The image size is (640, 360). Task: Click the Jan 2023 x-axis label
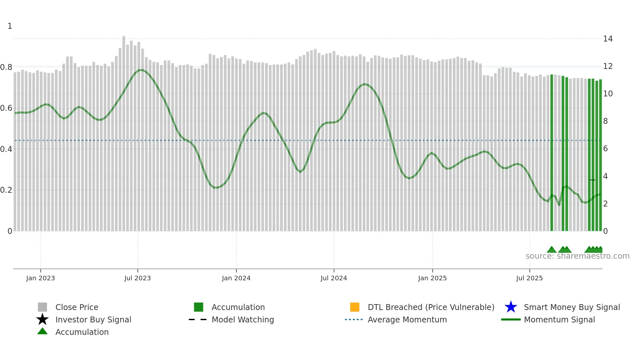40,278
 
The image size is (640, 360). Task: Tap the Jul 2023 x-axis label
137,278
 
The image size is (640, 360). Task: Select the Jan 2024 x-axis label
236,278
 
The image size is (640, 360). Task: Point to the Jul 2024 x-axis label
334,278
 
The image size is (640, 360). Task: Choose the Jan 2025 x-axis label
432,278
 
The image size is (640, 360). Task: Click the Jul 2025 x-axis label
529,278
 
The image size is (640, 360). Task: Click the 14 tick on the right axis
608,39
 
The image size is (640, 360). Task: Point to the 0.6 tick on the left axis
6,108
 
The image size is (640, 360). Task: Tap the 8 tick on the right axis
605,121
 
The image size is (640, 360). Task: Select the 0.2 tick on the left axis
6,190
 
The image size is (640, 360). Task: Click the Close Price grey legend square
42,307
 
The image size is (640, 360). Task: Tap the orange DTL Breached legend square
355,307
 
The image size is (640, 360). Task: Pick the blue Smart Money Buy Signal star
511,307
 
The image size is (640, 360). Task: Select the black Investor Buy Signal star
42,319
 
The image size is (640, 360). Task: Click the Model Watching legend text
243,319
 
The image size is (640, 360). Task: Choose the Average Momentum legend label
407,319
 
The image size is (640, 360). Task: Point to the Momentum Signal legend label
559,319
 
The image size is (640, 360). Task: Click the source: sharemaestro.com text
577,256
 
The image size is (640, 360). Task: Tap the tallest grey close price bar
124,131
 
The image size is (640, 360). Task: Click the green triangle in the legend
42,331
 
